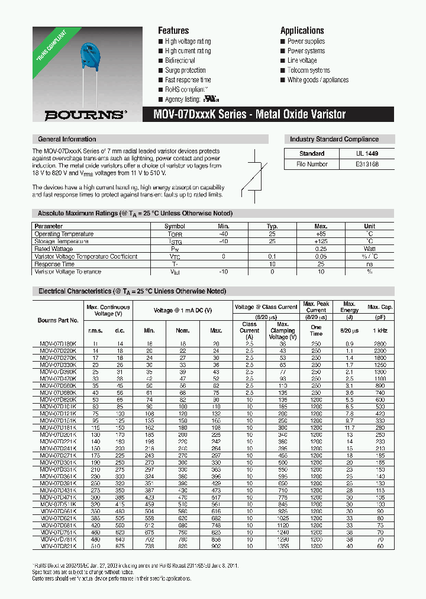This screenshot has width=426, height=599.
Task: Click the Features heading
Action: coord(173,31)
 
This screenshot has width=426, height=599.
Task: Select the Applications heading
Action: coord(302,31)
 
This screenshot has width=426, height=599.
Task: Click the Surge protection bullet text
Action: coord(185,70)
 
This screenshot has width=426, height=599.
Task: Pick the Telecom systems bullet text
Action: coord(308,70)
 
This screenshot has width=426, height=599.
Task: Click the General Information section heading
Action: coord(67,140)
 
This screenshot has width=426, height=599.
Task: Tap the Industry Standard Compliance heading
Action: coord(334,140)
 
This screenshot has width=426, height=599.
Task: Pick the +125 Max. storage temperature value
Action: coord(321,241)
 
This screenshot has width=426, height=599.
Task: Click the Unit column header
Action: coord(369,226)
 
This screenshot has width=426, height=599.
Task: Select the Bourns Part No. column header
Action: coord(58,320)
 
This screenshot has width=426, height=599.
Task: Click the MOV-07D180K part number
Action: coord(54,343)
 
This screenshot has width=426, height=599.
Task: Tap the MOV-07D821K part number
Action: coord(54,546)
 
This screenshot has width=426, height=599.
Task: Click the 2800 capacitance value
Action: coord(379,343)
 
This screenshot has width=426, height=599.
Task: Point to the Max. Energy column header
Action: coord(349,307)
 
